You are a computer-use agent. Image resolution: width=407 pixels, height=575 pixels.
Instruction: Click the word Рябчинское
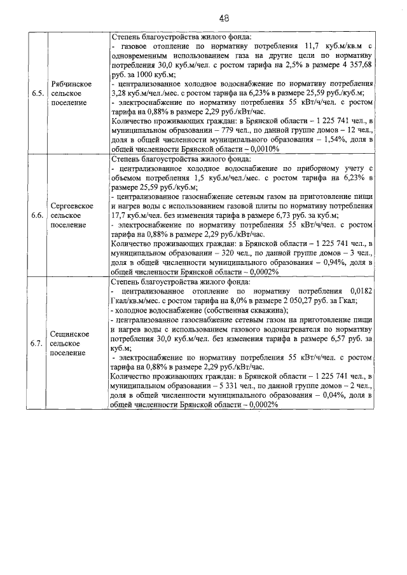click(x=71, y=84)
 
